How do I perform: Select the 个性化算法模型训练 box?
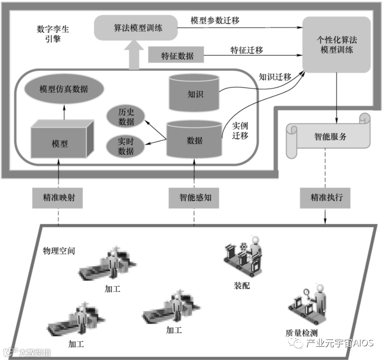tap(336, 44)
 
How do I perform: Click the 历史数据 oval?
tap(126, 116)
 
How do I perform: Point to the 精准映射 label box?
tap(57, 198)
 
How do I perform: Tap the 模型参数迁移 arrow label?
tap(218, 20)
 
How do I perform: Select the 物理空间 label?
tap(59, 251)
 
